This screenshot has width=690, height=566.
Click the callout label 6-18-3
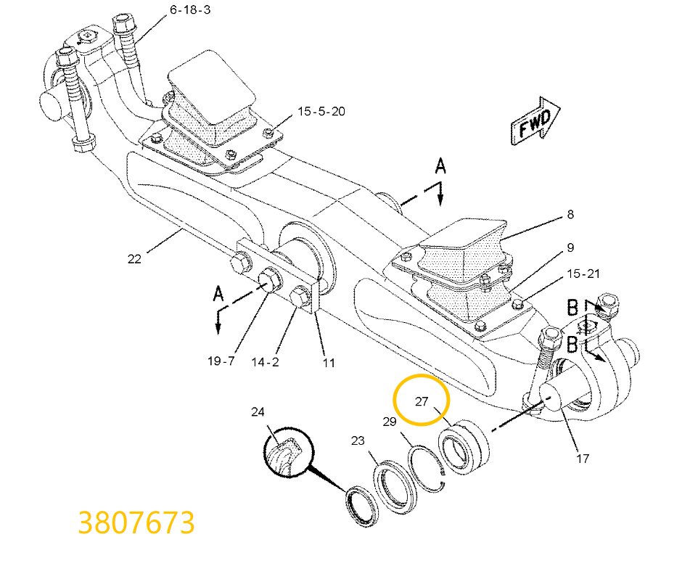191,10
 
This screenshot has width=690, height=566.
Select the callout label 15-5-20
321,112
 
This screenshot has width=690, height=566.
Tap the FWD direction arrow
535,121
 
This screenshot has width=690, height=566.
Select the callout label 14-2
266,361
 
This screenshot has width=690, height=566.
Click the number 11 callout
329,361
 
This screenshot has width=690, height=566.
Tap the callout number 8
570,214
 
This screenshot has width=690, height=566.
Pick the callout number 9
570,247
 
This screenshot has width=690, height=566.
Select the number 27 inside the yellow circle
422,401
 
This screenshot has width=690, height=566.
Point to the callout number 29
390,422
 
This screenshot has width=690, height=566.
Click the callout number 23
358,440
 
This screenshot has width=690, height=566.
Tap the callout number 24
258,412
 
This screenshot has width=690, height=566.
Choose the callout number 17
583,458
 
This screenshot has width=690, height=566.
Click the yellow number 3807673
136,522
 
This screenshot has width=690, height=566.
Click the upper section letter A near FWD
440,168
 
